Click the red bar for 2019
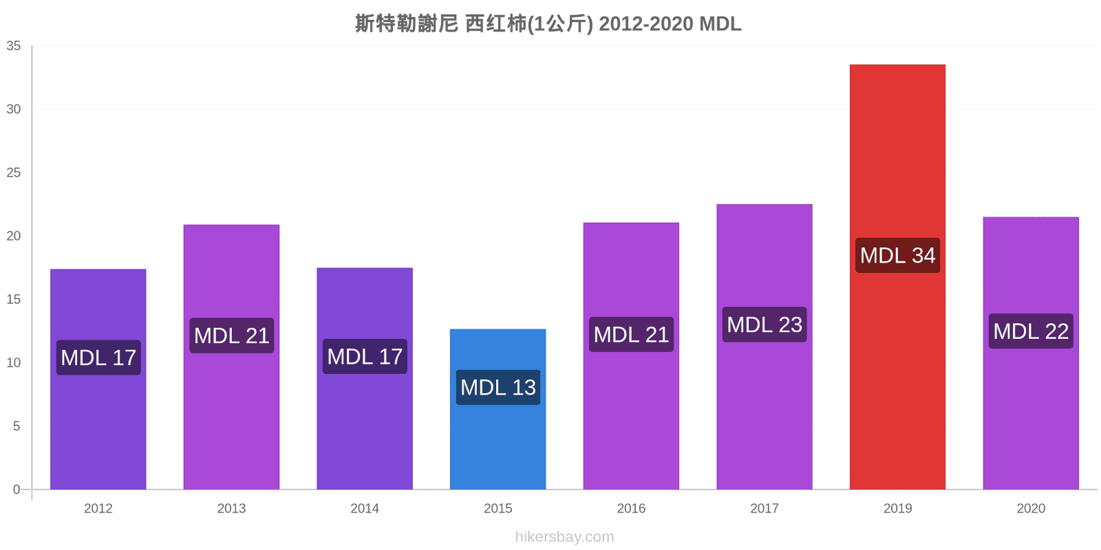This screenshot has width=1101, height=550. (897, 277)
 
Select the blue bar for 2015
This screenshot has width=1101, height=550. (498, 409)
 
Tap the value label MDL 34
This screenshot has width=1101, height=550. (897, 255)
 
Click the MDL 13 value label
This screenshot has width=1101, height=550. (498, 388)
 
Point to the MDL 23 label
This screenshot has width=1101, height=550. (765, 324)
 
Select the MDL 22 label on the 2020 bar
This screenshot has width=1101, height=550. (1031, 331)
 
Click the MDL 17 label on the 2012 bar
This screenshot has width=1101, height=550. (98, 357)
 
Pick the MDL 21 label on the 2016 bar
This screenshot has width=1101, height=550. (631, 334)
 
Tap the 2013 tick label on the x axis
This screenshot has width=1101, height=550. (231, 508)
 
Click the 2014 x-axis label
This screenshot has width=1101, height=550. (365, 508)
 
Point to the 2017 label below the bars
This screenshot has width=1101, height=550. (765, 508)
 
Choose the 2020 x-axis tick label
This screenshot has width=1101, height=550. (1031, 508)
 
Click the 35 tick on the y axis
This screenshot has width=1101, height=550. (14, 45)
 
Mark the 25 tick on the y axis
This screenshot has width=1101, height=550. (14, 173)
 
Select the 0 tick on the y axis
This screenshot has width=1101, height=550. (17, 489)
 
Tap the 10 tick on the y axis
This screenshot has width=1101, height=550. (14, 362)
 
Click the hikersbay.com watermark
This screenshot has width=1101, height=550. (564, 537)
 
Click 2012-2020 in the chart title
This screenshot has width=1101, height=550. (646, 23)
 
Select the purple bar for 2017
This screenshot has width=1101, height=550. (765, 346)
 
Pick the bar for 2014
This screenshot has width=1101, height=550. (365, 379)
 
